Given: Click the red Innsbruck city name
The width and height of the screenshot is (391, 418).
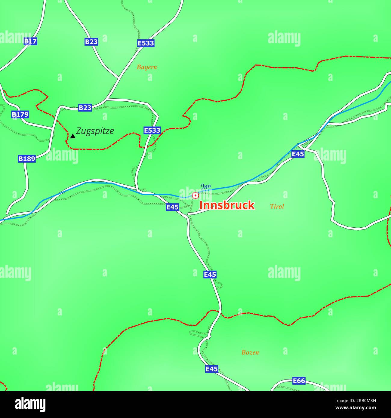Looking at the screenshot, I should tap(227, 205).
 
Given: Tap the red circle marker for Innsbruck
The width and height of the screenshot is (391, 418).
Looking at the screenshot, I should tap(195, 196).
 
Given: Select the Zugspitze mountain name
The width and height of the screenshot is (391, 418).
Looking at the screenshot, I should tap(95, 131).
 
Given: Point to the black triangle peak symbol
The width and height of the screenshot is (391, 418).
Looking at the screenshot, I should tap(73, 136).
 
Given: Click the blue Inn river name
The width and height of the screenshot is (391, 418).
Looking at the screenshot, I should tap(206, 186).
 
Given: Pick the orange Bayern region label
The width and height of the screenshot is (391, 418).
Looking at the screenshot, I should tap(147, 67).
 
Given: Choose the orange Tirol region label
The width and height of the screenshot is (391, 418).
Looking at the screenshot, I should tap(277, 207).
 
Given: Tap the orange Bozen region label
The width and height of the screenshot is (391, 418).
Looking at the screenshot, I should tap(250, 352).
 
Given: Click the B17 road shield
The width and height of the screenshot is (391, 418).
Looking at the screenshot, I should tap(30, 41).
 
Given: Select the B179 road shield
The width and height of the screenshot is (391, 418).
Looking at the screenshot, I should tap(20, 114).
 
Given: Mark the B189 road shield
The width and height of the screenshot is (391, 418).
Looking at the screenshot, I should tap(27, 158).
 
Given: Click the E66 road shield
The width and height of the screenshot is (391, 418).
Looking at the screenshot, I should tap(299, 381).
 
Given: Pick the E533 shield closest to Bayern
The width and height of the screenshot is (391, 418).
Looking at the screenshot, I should tap(146, 43).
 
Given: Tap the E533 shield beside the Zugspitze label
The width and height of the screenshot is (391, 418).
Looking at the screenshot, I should tap(152, 130).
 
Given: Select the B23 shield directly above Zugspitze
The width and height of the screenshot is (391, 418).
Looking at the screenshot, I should tap(85, 108).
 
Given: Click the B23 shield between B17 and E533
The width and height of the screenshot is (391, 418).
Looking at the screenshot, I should tap(91, 41).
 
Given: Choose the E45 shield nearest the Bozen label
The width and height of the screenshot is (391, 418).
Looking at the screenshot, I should tap(211, 369).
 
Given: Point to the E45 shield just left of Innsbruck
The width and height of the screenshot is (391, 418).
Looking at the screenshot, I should tap(173, 207).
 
